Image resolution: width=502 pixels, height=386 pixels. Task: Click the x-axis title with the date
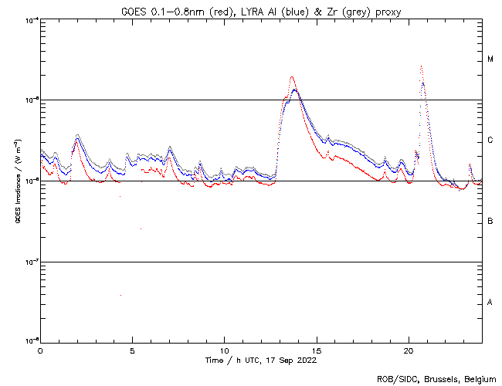coord(260,361)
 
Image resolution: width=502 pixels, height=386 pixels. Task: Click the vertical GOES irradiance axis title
coord(16,182)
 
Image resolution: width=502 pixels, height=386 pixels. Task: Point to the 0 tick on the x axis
coord(40,350)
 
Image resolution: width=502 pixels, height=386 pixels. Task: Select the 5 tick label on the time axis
coord(132,350)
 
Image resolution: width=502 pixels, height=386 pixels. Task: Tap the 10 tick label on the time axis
coord(224,350)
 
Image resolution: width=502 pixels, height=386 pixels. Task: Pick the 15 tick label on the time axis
coord(317,350)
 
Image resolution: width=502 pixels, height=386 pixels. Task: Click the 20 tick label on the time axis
coord(409,350)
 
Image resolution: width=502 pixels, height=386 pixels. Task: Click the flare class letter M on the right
coord(490,59)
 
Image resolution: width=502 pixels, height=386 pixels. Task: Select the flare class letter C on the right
coord(490,141)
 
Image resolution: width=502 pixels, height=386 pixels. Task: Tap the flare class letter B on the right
coord(490,222)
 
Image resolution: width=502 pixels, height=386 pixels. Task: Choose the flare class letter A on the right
coord(490,303)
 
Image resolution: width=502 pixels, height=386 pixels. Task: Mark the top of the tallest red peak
coord(421,66)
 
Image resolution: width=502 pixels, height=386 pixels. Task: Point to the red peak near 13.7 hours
coord(292,76)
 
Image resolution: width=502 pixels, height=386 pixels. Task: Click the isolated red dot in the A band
coord(121,295)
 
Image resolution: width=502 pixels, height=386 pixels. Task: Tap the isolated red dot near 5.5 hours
coord(141,229)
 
